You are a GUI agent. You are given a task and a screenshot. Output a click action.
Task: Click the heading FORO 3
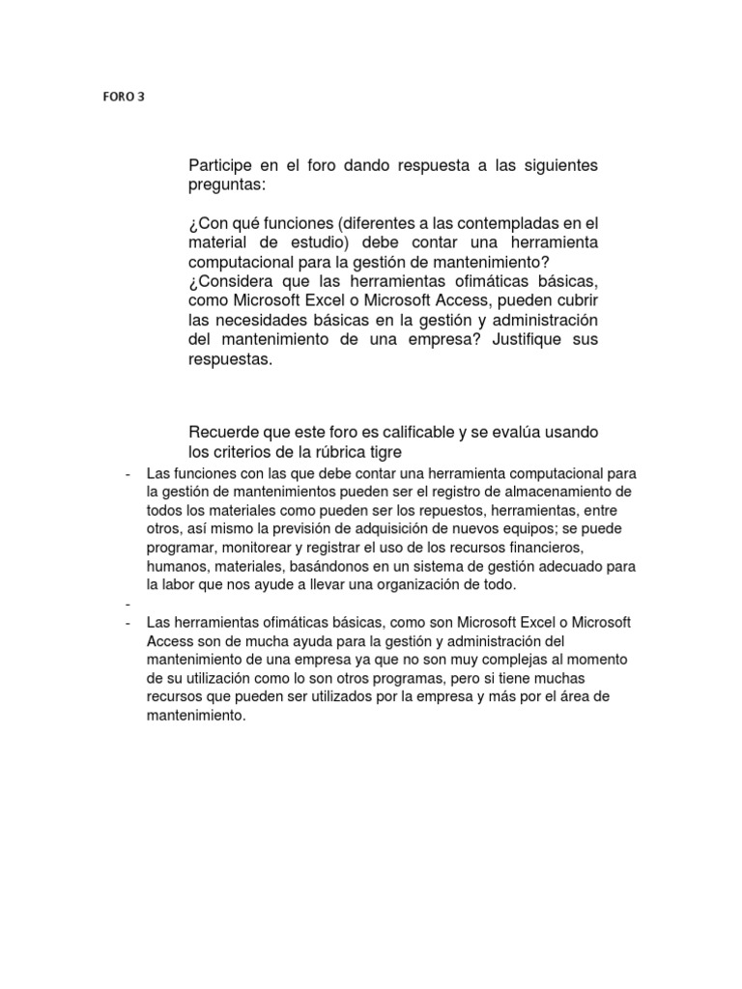click(123, 98)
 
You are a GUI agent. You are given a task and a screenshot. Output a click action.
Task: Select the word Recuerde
click(223, 432)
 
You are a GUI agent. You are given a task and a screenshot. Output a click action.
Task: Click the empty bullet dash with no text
click(128, 603)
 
